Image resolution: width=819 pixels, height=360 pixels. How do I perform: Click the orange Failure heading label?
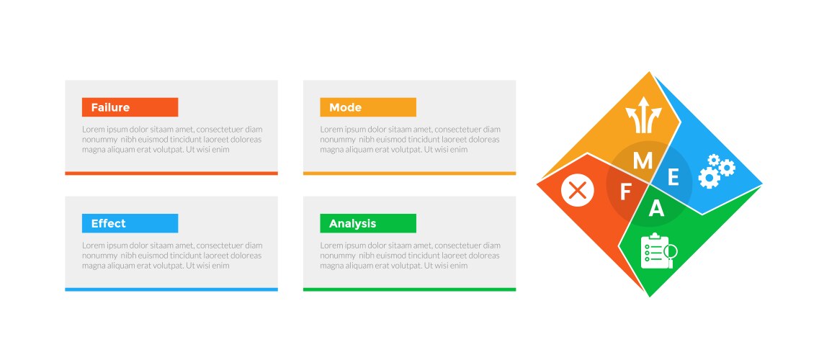tap(130, 107)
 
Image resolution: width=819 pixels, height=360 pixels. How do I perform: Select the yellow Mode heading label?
tap(368, 107)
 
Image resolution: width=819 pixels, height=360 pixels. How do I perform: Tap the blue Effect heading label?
tap(130, 223)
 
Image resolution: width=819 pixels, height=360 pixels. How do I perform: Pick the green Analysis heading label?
tap(368, 223)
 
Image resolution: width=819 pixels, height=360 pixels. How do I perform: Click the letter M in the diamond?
tap(643, 161)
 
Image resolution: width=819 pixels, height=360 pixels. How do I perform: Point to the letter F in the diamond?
tap(625, 192)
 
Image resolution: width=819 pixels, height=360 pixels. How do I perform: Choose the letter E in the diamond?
tap(673, 178)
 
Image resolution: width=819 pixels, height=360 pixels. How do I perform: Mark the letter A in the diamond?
tap(656, 209)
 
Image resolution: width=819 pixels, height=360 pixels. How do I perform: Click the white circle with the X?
tap(578, 190)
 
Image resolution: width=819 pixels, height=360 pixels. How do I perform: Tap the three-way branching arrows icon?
tap(643, 114)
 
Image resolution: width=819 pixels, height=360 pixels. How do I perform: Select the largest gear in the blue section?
tap(709, 177)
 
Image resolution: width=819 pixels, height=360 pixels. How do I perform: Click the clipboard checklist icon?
tap(655, 251)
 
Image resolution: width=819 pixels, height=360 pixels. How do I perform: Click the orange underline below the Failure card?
tap(171, 174)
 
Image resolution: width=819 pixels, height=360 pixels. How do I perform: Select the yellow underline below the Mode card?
tap(409, 174)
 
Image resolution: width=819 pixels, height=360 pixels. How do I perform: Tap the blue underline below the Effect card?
tap(171, 289)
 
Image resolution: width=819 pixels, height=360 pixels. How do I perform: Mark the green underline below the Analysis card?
tap(409, 289)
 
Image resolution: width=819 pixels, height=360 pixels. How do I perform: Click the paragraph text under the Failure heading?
tap(172, 139)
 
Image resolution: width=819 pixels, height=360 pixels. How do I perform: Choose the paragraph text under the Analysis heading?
tap(411, 256)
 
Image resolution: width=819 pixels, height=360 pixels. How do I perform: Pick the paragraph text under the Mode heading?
tap(411, 139)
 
